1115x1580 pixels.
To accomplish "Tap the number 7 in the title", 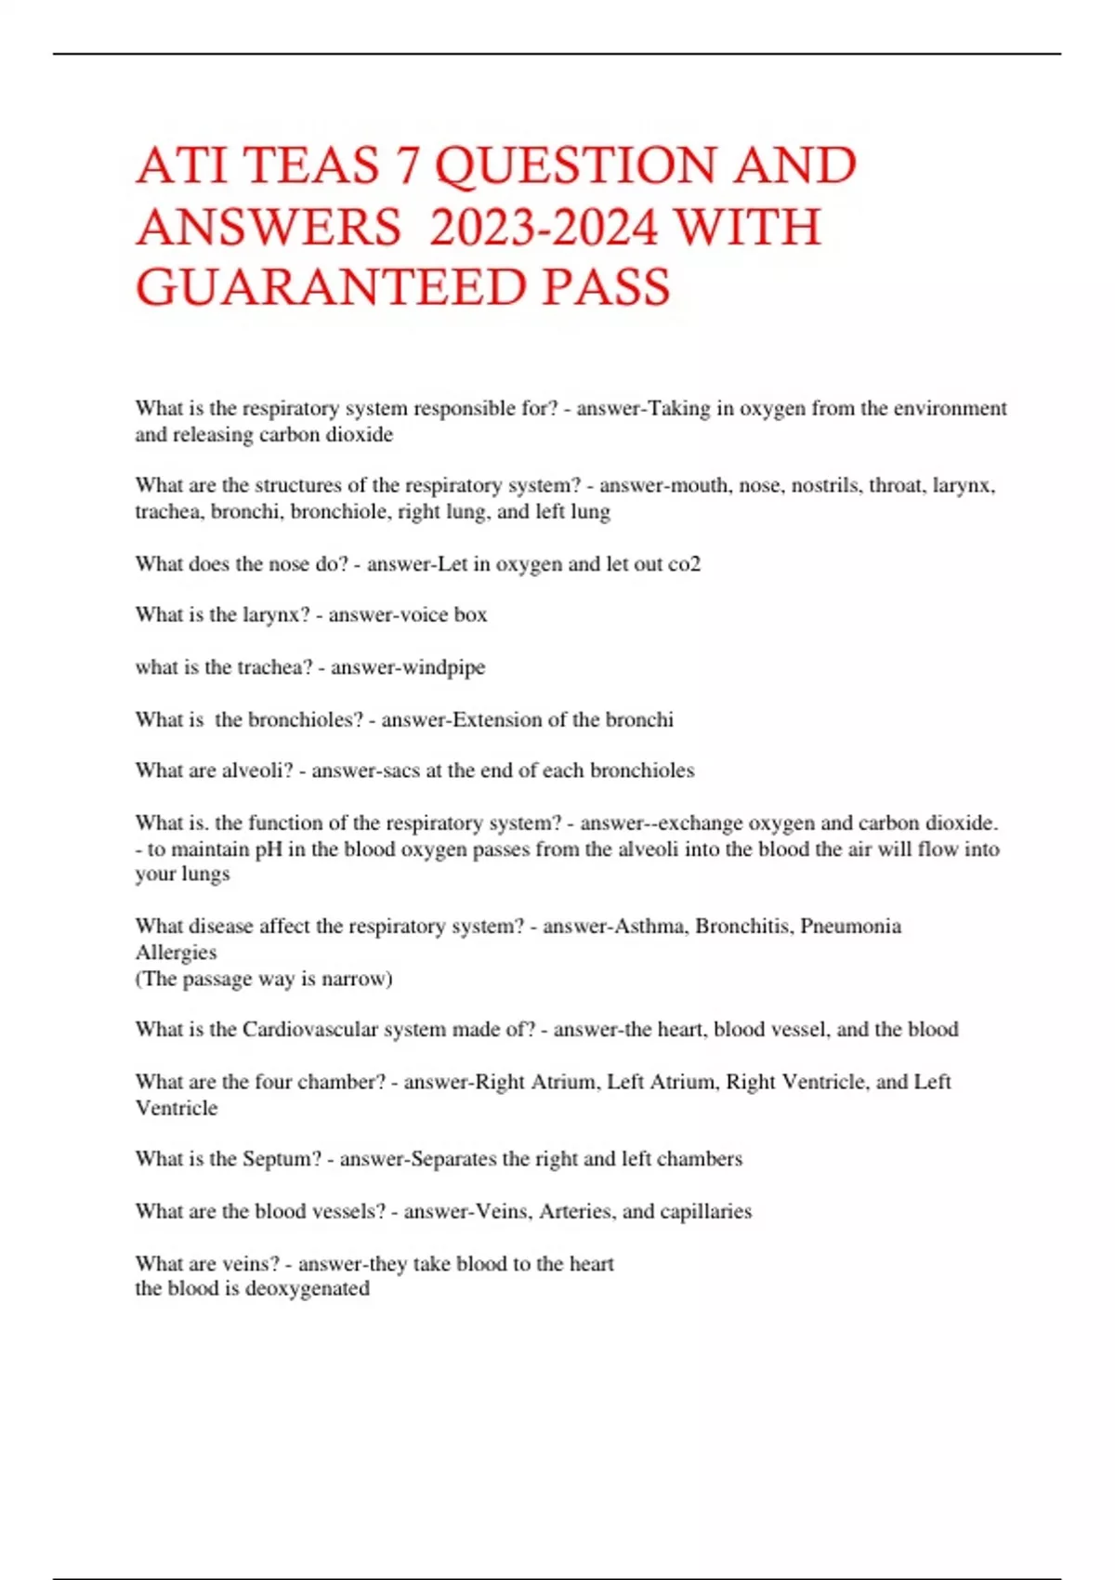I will (x=408, y=166).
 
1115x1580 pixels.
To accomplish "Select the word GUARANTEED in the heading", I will (x=331, y=287).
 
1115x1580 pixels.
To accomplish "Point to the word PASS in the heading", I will (x=606, y=287).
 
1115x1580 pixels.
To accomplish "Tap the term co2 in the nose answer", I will (x=684, y=564).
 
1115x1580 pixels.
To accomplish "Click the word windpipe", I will (x=448, y=667).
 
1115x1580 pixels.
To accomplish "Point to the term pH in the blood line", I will (x=269, y=849).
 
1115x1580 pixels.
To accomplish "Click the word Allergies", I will (x=176, y=953).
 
